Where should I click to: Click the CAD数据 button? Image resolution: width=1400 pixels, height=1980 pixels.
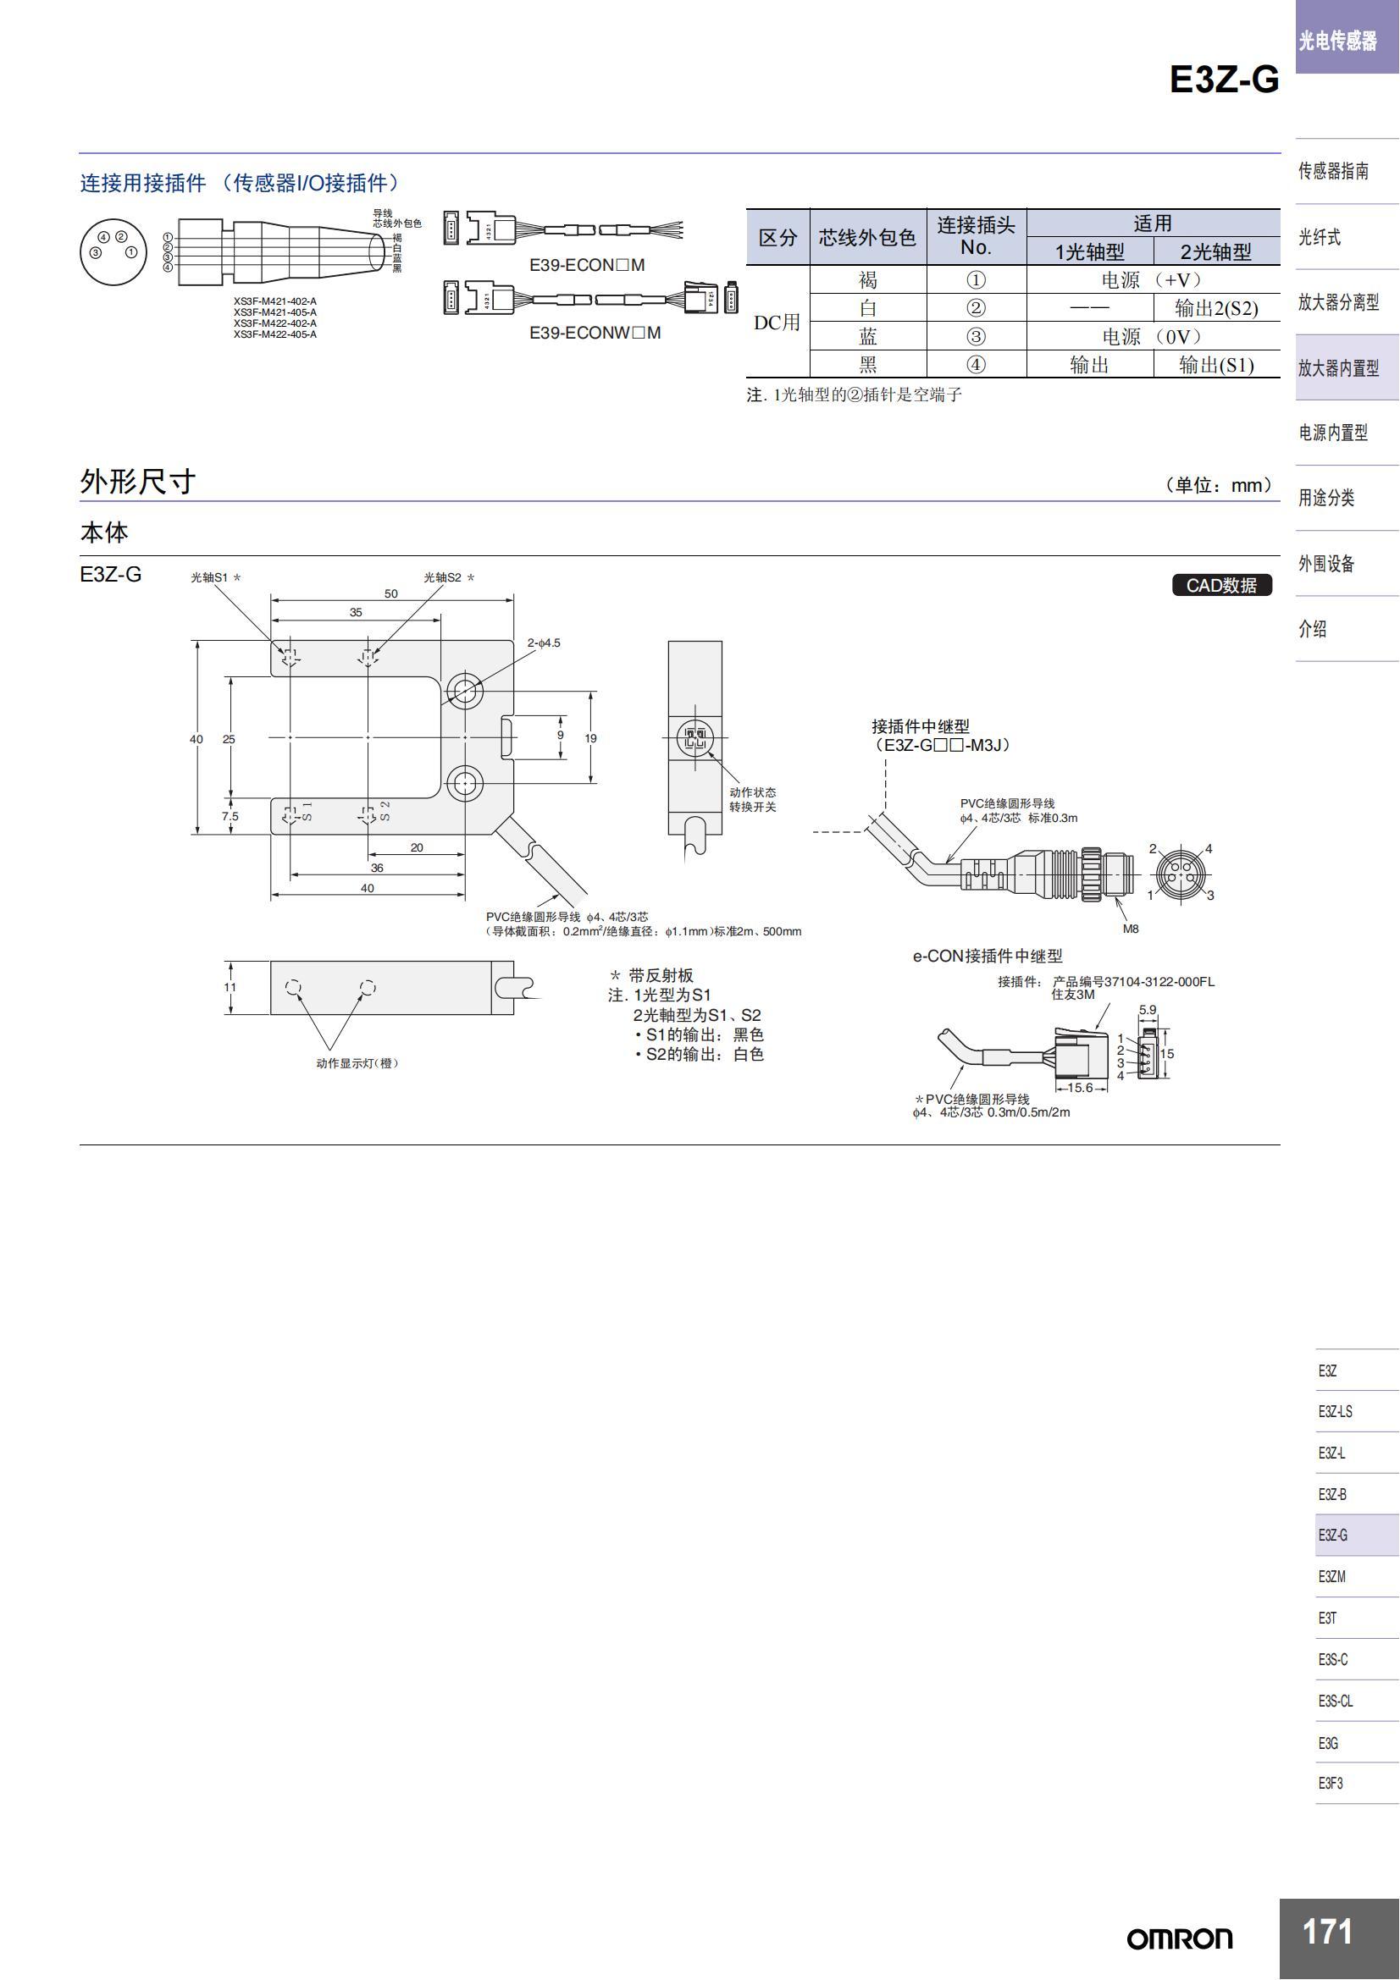coord(1220,585)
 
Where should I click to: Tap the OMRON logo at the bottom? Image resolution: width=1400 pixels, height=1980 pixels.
coord(1179,1939)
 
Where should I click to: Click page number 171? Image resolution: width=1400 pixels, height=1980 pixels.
coord(1326,1932)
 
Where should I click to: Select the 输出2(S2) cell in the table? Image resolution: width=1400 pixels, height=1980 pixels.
coord(1215,308)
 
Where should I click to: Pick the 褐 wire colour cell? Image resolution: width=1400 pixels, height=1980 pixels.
coord(867,279)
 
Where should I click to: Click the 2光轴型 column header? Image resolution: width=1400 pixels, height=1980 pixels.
coord(1215,251)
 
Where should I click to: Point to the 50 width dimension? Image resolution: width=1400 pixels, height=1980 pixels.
coord(390,593)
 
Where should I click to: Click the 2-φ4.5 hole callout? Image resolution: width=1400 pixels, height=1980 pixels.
coord(544,643)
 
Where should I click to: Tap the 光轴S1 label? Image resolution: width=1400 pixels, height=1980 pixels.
coord(209,577)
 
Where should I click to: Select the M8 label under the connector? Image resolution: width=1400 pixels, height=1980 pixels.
coord(1130,929)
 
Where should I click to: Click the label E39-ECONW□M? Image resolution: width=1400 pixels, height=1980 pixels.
coord(595,333)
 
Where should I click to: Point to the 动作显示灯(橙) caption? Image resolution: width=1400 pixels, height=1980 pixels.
coord(357,1063)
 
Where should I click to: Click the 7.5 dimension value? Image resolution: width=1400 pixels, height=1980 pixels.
coord(230,816)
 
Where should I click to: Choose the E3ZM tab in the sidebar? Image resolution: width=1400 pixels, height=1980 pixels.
coord(1331,1576)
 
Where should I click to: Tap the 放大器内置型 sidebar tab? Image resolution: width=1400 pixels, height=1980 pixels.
coord(1338,367)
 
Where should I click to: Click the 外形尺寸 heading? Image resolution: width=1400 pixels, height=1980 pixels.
coord(138,481)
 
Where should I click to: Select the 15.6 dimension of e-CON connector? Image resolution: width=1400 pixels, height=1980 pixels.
coord(1079,1088)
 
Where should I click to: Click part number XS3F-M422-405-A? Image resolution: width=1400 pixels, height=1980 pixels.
coord(274,334)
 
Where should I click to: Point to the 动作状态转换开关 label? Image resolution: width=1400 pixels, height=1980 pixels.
coord(752,799)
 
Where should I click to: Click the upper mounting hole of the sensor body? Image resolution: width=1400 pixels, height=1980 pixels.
coord(464,690)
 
